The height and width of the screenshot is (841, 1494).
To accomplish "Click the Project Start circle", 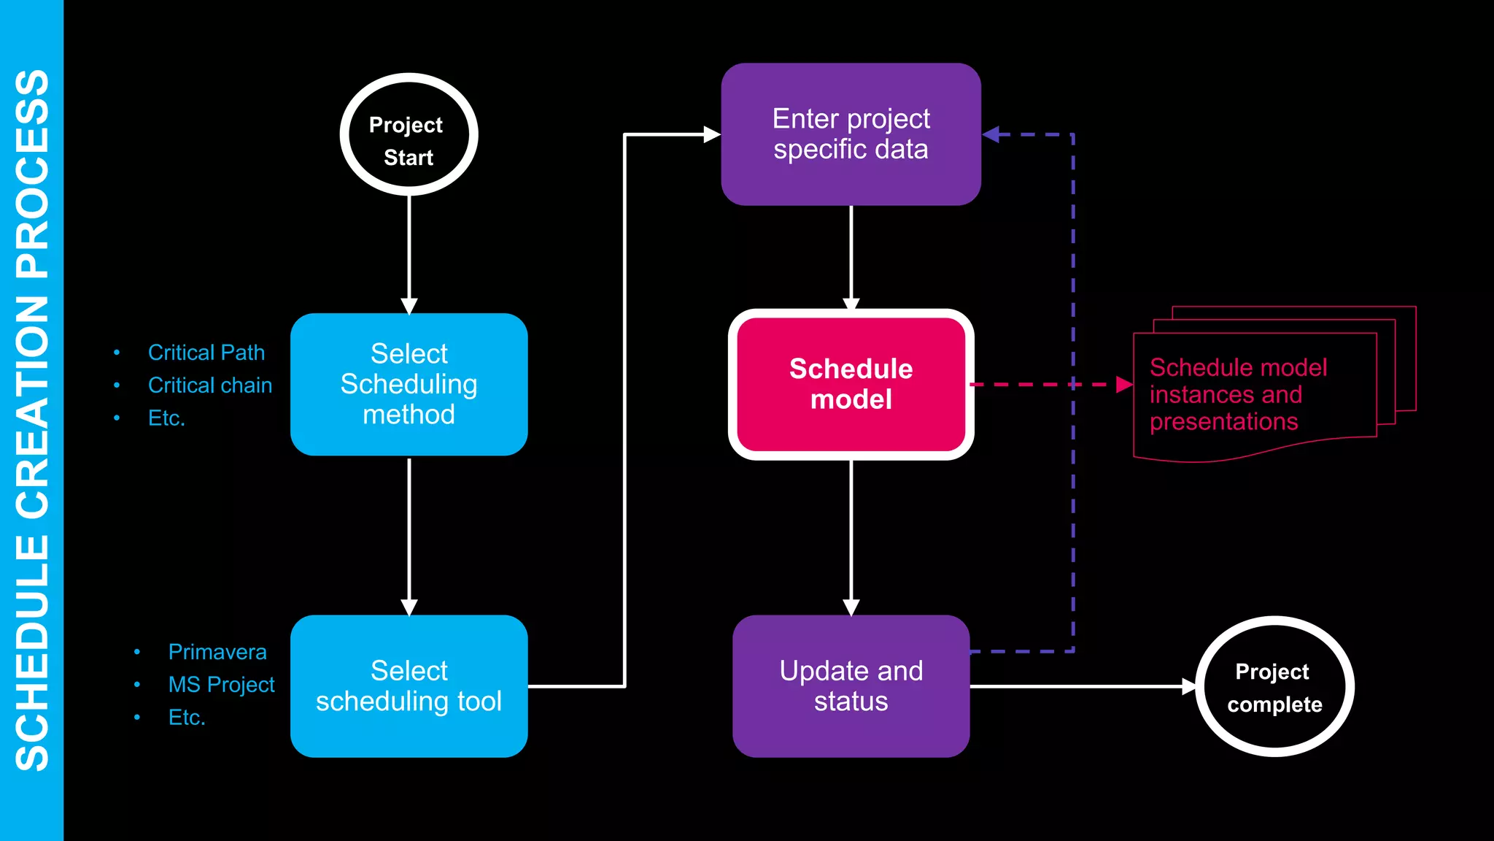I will click(x=409, y=135).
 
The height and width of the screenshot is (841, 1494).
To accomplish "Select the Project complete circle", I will click(x=1274, y=686).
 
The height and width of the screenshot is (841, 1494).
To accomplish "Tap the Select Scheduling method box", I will click(x=409, y=384).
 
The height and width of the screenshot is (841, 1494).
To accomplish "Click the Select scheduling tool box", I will click(x=409, y=686).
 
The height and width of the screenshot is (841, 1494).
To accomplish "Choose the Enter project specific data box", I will click(x=851, y=134).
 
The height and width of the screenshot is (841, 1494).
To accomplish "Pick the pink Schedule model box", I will click(x=851, y=384).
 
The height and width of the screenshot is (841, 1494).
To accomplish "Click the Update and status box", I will click(x=851, y=686).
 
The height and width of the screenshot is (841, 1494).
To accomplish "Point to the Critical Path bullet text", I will click(x=206, y=353).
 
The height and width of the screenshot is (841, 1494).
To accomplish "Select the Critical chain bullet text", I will click(x=209, y=385).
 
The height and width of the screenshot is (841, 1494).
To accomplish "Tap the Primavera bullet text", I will click(x=217, y=652).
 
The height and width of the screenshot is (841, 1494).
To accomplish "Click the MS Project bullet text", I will click(x=221, y=685).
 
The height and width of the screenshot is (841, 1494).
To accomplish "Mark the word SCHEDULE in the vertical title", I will click(x=32, y=653).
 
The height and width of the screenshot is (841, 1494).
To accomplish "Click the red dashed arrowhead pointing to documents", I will click(x=1124, y=384).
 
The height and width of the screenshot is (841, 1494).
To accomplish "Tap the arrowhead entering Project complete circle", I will click(x=1189, y=686).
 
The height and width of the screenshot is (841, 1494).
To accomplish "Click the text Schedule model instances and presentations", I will click(x=1238, y=394).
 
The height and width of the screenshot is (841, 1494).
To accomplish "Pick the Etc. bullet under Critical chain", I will click(x=166, y=418).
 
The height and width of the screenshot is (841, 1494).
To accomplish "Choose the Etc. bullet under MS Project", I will click(x=187, y=718).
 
